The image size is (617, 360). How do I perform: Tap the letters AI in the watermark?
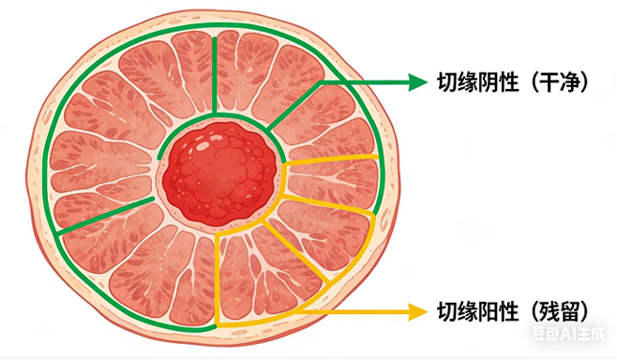click(x=572, y=332)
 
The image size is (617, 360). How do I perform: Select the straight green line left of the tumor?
click(x=103, y=215)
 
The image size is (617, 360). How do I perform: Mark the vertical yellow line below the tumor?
click(x=217, y=281)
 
